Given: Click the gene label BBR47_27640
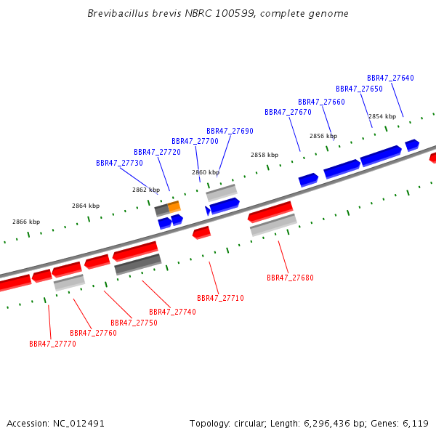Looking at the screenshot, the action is [390, 78].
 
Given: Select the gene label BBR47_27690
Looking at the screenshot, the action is [230, 131].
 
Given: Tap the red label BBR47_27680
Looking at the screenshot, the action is [290, 278].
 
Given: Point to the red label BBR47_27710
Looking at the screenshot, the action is [220, 298].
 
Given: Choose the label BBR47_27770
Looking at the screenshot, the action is [52, 344].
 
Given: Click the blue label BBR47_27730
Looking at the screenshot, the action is [120, 163].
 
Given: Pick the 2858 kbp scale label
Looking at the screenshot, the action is [265, 155].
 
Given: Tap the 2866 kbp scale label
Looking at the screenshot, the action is [26, 222].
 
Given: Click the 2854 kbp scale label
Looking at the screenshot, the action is [382, 116].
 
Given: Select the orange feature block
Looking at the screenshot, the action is [174, 207].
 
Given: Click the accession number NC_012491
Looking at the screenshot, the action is [78, 424].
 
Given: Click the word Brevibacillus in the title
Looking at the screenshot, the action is [118, 13].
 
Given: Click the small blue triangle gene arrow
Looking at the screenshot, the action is [207, 211].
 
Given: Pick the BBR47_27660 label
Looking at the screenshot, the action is [321, 102].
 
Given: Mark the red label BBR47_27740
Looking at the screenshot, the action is [173, 312].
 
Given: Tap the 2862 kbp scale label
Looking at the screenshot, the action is [146, 190].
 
